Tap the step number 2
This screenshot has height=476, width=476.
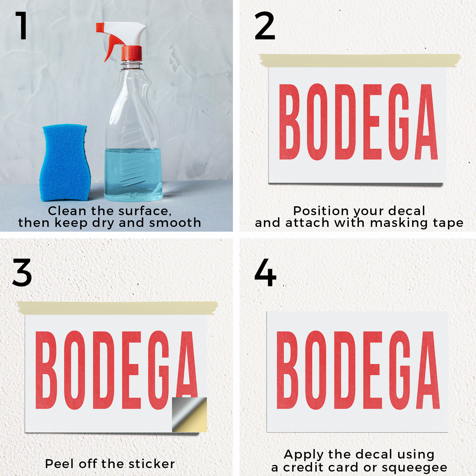tap(265, 26)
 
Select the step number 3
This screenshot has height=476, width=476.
tap(22, 272)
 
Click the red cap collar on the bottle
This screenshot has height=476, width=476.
tap(131, 53)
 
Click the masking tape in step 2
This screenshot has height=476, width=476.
tap(360, 60)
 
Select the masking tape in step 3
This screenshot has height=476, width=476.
tap(118, 308)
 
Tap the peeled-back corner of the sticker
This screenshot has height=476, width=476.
tap(189, 414)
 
